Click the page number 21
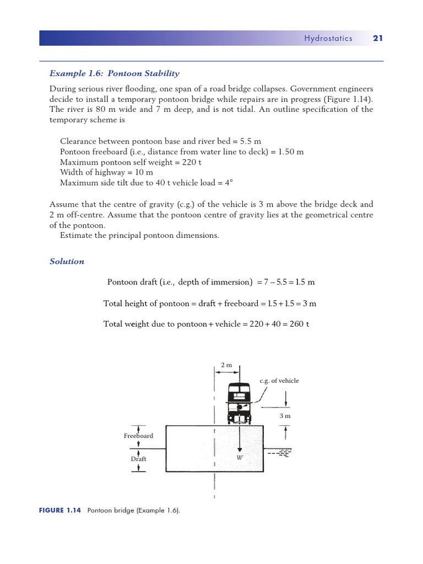pyautogui.click(x=377, y=38)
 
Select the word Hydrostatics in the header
pyautogui.click(x=328, y=38)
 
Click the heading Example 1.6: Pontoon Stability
pyautogui.click(x=114, y=73)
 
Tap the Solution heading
pyautogui.click(x=67, y=262)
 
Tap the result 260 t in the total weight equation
pyautogui.click(x=299, y=324)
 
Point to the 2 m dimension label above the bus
pyautogui.click(x=226, y=366)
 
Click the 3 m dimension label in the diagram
pyautogui.click(x=285, y=416)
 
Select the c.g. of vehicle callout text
pyautogui.click(x=279, y=381)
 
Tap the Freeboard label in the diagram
pyautogui.click(x=138, y=436)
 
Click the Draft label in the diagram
pyautogui.click(x=138, y=458)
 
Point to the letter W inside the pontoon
pyautogui.click(x=240, y=458)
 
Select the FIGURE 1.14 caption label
pyautogui.click(x=60, y=511)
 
